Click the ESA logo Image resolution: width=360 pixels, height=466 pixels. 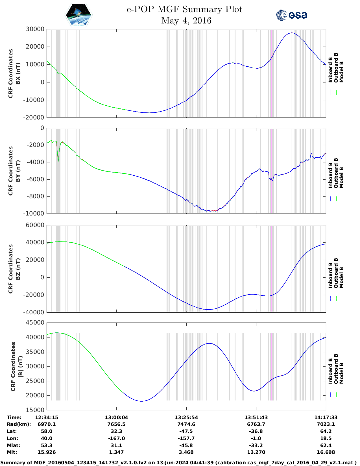point(291,15)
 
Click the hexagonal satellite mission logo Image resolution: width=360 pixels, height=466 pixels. point(79,15)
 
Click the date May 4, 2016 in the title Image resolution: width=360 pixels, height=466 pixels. point(186,21)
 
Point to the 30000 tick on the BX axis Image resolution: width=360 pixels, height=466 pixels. point(35,29)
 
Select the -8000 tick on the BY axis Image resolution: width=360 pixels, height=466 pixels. point(35,196)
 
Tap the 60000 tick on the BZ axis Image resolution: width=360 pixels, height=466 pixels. point(35,225)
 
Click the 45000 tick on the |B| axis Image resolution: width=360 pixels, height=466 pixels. point(35,323)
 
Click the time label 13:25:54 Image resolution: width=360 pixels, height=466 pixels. point(186,417)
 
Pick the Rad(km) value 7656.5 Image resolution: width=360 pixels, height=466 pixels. point(116,424)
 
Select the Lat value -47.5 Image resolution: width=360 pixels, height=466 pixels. point(186,431)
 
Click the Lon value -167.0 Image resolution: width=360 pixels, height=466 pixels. point(116,438)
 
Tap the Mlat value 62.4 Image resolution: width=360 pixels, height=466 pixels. point(326,445)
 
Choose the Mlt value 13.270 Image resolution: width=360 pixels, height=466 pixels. point(256,452)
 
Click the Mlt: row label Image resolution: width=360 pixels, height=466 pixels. point(12,452)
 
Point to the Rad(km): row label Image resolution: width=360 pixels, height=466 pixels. point(19,424)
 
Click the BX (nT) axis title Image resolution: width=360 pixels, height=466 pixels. point(18,73)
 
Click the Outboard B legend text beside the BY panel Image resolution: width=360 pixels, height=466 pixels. point(336,173)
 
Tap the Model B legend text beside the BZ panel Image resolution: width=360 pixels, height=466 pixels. point(341,277)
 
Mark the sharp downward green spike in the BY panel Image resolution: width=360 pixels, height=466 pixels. point(58,160)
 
